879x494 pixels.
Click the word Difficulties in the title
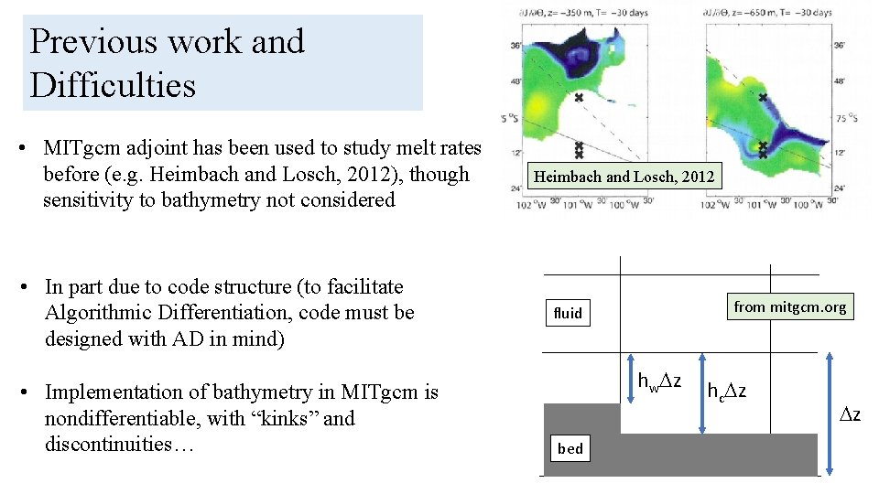[113, 85]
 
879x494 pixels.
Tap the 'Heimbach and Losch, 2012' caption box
[624, 176]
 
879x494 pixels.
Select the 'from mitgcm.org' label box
[789, 306]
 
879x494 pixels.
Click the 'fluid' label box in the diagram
[568, 313]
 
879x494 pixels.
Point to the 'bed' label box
[570, 448]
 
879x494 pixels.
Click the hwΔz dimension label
[658, 381]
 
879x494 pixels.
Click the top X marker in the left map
[578, 98]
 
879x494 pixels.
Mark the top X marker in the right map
[763, 97]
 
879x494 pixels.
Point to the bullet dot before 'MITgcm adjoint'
[31, 149]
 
